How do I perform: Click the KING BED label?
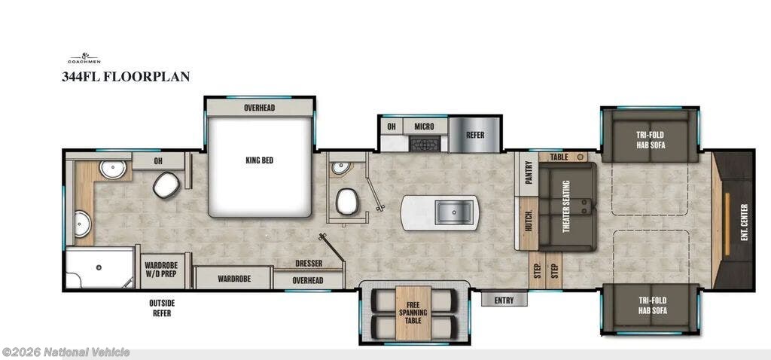tap(259, 160)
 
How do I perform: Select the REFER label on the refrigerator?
tap(475, 136)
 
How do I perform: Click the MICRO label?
tap(425, 127)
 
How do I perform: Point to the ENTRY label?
tap(504, 301)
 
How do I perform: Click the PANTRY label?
tap(529, 172)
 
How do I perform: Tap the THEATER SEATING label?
tap(566, 206)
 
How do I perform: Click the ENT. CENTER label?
tap(744, 222)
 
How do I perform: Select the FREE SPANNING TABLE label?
tap(413, 313)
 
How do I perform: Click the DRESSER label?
tap(309, 264)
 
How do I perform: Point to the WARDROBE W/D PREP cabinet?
tap(161, 270)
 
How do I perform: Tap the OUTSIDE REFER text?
tap(162, 308)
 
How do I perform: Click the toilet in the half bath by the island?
tap(347, 202)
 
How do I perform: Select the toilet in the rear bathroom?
tap(166, 185)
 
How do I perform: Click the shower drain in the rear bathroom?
tap(99, 267)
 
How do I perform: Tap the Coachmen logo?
tap(84, 59)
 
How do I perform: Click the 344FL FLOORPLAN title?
tap(126, 77)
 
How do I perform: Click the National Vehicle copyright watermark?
tap(66, 352)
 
